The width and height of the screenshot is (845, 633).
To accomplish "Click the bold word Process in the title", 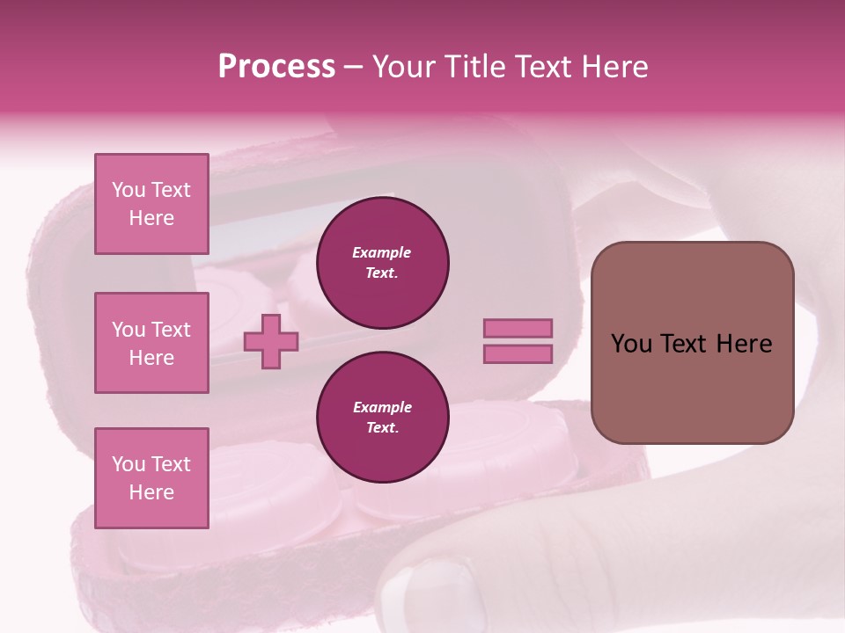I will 276,67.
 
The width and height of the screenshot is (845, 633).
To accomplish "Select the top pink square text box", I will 151,204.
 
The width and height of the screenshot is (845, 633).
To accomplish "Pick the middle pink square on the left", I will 151,343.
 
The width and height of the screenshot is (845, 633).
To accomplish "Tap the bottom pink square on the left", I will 151,478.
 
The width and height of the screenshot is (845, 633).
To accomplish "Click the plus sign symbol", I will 271,341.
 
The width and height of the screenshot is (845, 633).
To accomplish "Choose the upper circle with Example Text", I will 383,263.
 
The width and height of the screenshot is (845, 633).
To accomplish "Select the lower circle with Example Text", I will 383,418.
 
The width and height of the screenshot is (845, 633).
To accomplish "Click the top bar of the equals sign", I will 518,329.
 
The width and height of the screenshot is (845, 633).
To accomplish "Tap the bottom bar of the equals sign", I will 518,354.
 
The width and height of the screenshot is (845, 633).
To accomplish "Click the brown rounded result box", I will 692,343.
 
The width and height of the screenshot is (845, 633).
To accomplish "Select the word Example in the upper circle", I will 382,252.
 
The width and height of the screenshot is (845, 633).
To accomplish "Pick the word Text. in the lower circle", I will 382,428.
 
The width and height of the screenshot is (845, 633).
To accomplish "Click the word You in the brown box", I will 630,344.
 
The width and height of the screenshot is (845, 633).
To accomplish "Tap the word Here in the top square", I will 151,218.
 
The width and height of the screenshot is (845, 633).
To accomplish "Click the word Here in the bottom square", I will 151,492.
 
